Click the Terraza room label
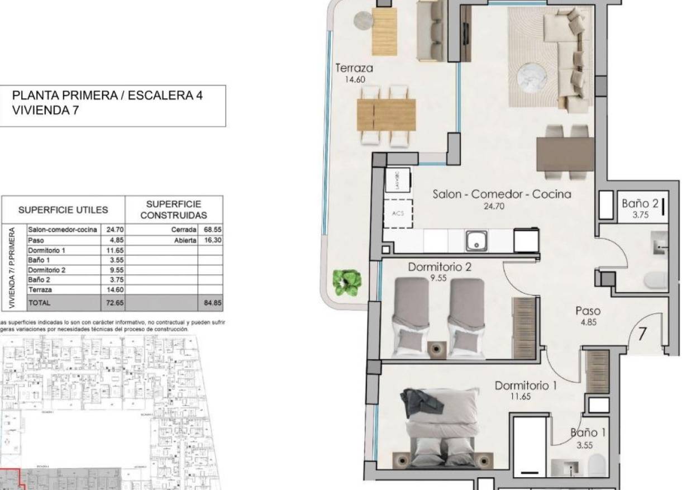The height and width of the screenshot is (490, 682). tap(354, 68)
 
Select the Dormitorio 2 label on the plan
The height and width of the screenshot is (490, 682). tap(439, 267)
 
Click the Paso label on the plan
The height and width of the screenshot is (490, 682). tap(588, 311)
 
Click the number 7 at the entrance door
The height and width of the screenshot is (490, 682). tap(642, 334)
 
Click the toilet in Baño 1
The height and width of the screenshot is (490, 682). tap(597, 465)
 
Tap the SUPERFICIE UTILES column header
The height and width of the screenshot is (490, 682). tap(63, 211)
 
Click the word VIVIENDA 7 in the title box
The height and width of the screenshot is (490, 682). tap(45, 111)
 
